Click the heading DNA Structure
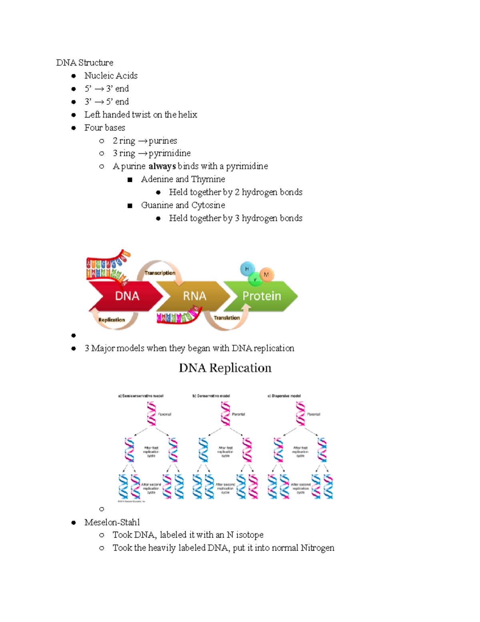(84, 62)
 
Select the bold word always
(162, 166)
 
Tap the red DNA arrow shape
(126, 296)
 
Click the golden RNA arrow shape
(194, 296)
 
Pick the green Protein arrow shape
(262, 296)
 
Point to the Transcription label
(160, 273)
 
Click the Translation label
(226, 318)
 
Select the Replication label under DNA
(112, 320)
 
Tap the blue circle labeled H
(247, 269)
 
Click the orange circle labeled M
(267, 274)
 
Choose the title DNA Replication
(225, 368)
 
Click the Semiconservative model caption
(141, 396)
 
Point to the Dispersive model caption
(284, 396)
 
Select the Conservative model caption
(211, 396)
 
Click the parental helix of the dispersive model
(300, 413)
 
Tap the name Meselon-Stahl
(112, 522)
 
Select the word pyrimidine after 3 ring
(170, 153)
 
